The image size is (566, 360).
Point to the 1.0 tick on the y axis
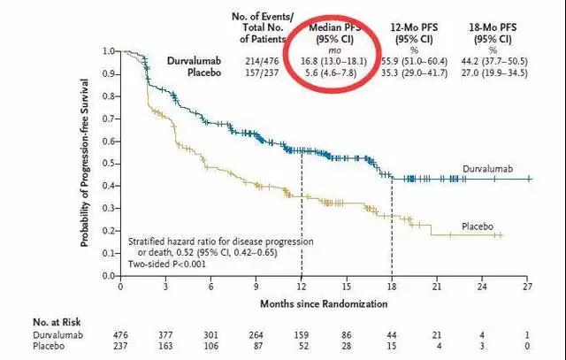click(110, 50)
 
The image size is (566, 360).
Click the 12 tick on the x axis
click(302, 287)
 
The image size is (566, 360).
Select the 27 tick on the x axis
click(528, 287)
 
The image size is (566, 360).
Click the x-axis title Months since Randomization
click(324, 303)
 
